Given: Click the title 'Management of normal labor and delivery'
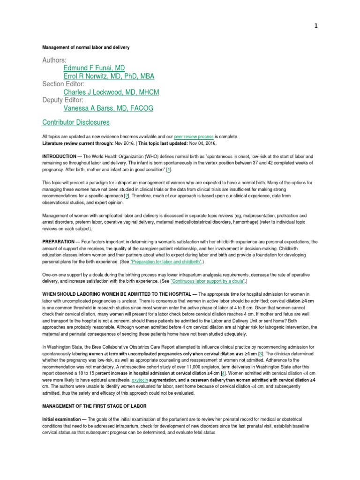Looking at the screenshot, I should (x=86, y=48).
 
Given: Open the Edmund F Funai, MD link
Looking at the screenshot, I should (x=94, y=68).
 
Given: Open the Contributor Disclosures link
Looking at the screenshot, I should (x=76, y=122).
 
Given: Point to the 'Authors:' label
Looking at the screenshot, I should (x=54, y=60).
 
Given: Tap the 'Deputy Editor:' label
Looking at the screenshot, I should (x=63, y=100).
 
